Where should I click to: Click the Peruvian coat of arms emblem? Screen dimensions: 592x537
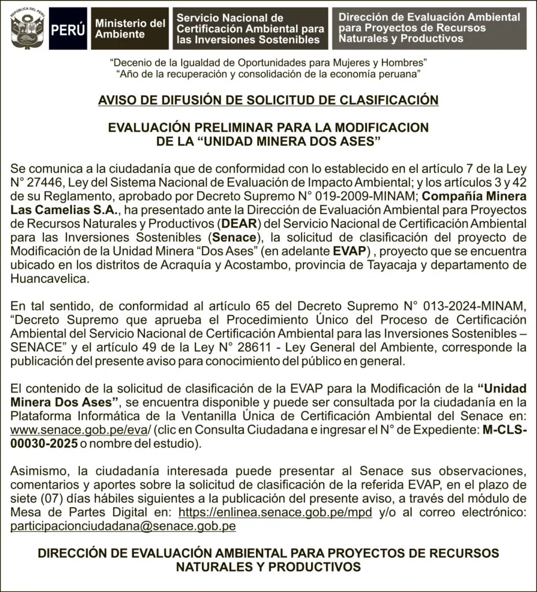tap(27, 28)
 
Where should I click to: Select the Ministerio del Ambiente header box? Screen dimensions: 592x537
tap(129, 29)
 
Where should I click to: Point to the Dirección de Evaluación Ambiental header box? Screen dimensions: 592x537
tap(429, 28)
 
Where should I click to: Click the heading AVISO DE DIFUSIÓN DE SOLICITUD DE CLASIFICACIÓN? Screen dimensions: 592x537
tap(268, 100)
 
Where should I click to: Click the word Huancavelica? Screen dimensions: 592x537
tap(50, 279)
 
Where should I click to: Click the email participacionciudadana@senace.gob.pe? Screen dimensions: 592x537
tap(123, 526)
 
